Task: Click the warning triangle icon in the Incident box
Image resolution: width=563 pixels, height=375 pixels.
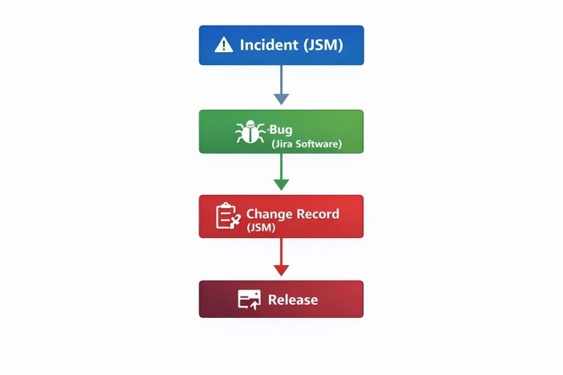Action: [x=224, y=45]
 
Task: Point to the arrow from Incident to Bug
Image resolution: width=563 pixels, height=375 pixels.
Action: [x=281, y=81]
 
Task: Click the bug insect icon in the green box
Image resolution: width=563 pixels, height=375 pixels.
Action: [x=250, y=132]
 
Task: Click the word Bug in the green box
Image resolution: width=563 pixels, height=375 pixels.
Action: [x=282, y=130]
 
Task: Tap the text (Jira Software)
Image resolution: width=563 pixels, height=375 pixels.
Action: [x=306, y=144]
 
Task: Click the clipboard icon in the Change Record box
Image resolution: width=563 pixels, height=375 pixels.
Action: [x=227, y=216]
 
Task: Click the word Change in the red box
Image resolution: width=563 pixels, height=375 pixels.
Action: [x=268, y=214]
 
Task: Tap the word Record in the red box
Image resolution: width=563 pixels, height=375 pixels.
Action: [x=317, y=214]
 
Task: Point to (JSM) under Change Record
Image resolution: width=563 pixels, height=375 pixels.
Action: [x=260, y=227]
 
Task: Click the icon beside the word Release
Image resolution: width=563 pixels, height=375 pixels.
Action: [x=249, y=299]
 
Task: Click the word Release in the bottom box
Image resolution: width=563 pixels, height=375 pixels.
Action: [x=292, y=300]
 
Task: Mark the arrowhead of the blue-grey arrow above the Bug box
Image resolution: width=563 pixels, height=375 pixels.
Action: [x=281, y=98]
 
